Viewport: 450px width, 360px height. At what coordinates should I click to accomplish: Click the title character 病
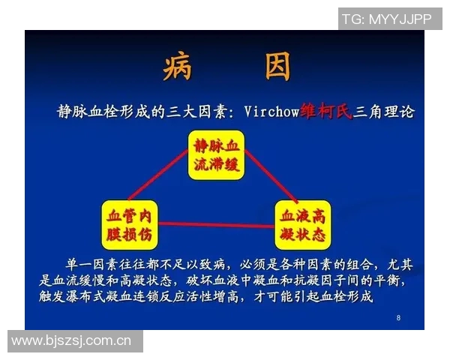click(x=178, y=67)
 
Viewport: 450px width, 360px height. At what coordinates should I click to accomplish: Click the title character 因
click(x=277, y=67)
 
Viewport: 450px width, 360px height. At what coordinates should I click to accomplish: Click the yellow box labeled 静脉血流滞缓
click(x=217, y=156)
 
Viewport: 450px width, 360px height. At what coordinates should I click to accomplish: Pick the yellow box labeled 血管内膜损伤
click(x=130, y=224)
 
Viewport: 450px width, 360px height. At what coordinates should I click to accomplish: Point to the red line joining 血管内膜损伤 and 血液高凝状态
click(x=217, y=223)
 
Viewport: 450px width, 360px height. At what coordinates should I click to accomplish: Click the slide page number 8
click(x=398, y=319)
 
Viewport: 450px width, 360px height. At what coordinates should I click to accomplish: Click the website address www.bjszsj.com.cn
click(x=72, y=341)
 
